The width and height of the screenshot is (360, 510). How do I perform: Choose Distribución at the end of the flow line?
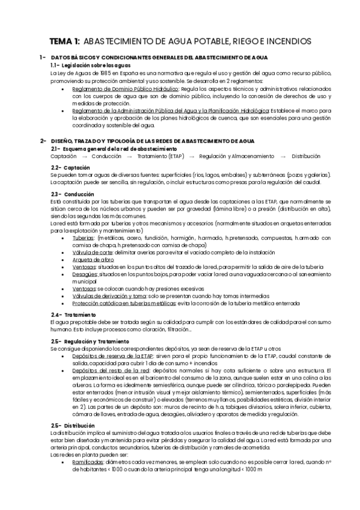point(307,156)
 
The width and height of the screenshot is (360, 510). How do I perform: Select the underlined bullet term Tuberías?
point(82,238)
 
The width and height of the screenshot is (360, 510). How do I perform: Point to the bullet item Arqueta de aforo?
point(90,260)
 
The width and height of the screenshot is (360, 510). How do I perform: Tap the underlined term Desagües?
point(84,274)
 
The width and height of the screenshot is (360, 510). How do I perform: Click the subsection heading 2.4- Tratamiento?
point(73,315)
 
